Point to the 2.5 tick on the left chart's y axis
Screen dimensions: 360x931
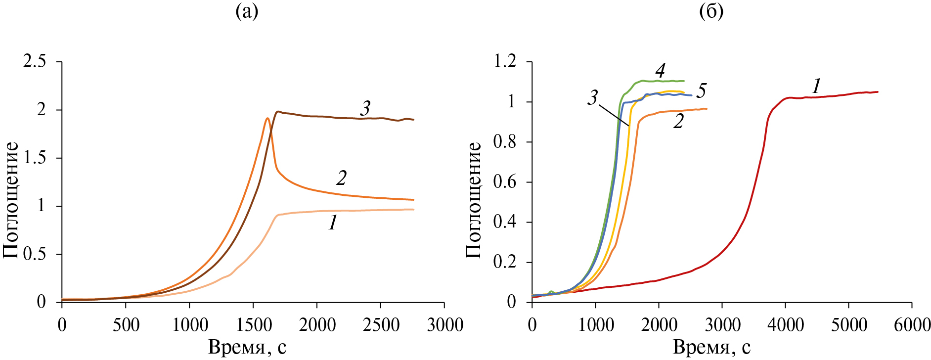point(35,62)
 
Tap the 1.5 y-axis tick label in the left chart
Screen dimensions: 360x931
point(35,158)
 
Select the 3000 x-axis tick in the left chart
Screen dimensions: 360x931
point(443,325)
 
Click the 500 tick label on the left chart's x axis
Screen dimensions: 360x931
point(126,325)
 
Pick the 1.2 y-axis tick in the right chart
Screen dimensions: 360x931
point(504,62)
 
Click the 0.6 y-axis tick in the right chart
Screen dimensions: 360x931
point(504,182)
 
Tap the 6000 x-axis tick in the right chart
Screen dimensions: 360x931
point(911,325)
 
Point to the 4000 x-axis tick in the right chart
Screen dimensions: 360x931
point(785,325)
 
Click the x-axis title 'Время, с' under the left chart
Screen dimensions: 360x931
point(247,348)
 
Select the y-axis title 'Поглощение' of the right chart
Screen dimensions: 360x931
point(474,200)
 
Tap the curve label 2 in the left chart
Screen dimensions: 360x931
point(341,178)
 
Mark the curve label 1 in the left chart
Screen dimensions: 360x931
point(333,223)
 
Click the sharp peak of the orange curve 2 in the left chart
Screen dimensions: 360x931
point(267,118)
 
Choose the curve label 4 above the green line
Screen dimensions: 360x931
point(660,71)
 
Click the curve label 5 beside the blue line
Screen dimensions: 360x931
point(701,91)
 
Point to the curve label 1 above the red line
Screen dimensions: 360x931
point(816,87)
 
